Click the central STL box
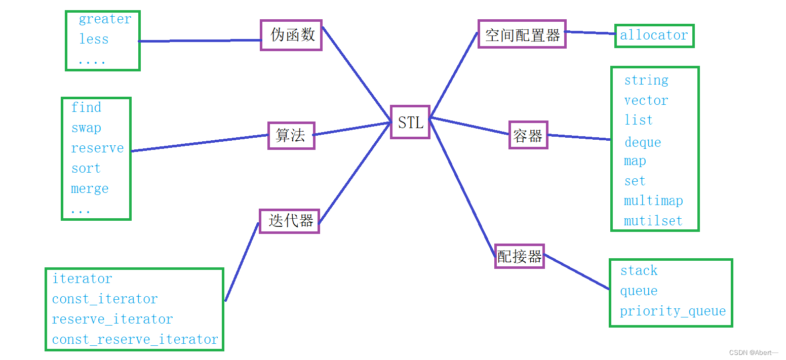(410, 122)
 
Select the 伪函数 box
(291, 35)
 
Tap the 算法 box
(291, 135)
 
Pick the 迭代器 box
(289, 221)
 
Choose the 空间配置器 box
(522, 34)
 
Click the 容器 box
(528, 135)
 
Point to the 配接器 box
(519, 256)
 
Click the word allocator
(654, 35)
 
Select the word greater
(105, 19)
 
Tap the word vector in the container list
(646, 100)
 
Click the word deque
(643, 142)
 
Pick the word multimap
(653, 201)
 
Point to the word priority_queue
(673, 311)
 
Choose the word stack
(639, 271)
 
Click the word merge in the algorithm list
(90, 189)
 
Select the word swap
(86, 128)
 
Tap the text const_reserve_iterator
(135, 339)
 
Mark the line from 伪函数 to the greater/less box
(200, 41)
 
